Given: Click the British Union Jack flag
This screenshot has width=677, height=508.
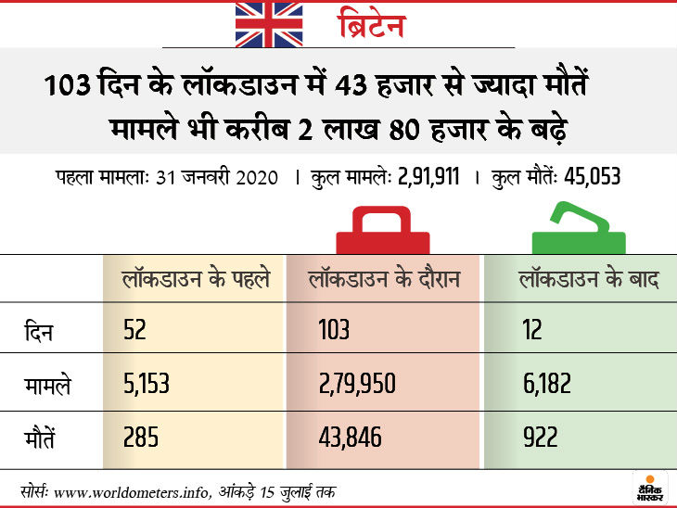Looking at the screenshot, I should click(x=268, y=24).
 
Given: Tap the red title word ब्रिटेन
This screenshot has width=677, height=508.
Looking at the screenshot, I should click(x=371, y=25).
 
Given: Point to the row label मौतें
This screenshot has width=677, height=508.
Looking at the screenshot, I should click(x=41, y=435).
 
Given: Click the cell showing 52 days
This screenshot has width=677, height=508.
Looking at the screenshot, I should click(x=134, y=331).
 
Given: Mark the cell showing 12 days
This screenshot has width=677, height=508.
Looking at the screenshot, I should click(x=531, y=331).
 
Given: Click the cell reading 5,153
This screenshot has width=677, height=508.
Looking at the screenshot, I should click(x=146, y=383).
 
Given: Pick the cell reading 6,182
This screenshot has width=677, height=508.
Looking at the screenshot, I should click(x=545, y=383).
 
